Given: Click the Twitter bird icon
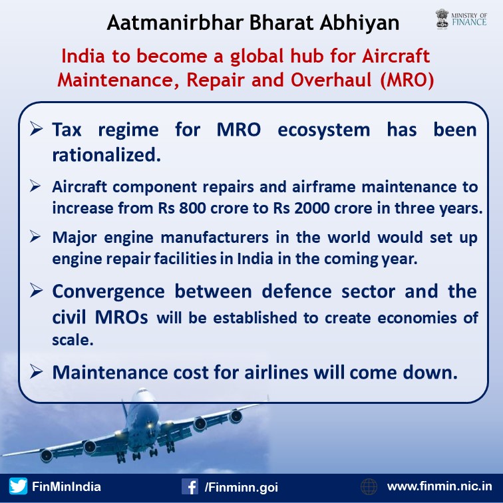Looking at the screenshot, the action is click(x=18, y=486).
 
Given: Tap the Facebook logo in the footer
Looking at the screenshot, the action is click(x=190, y=486).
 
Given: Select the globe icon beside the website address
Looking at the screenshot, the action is click(x=369, y=486).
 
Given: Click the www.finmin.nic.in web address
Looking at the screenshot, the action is click(x=440, y=486).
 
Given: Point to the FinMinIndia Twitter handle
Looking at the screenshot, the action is click(x=67, y=486).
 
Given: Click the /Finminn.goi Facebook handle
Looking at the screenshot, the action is click(x=242, y=487).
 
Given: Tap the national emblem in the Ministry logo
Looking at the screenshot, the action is click(x=442, y=19).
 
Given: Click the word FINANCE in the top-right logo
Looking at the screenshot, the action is click(x=469, y=22).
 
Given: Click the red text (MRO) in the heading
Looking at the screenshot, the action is click(x=407, y=80).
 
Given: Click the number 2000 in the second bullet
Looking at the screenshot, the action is click(x=312, y=208).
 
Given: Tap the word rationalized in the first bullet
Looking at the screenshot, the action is click(x=106, y=155).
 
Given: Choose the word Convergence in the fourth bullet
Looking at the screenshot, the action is click(x=108, y=292).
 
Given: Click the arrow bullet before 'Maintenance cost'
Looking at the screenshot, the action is click(x=36, y=372).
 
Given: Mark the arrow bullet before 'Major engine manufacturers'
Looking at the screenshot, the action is click(x=35, y=236).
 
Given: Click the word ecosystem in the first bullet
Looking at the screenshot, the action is click(x=323, y=130).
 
